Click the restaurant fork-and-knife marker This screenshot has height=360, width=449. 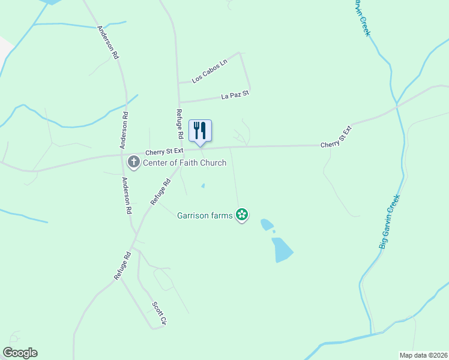(x=200, y=130)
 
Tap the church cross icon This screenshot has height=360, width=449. (x=133, y=162)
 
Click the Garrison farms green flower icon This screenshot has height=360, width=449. (x=242, y=214)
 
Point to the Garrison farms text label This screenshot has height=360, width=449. (x=205, y=215)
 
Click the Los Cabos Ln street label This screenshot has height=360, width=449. (x=210, y=71)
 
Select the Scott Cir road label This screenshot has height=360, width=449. (x=158, y=313)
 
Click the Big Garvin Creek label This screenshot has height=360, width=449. (x=388, y=221)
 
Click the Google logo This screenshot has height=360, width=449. (x=20, y=353)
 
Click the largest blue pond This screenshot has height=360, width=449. (x=282, y=249)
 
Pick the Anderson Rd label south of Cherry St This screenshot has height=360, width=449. (x=126, y=196)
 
